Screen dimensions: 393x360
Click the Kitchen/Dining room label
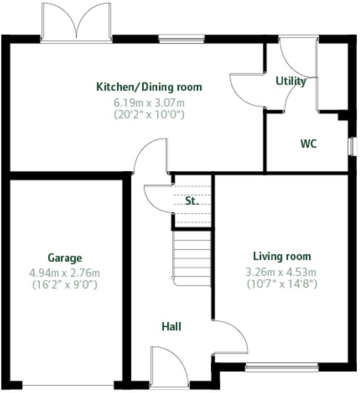tap(149, 87)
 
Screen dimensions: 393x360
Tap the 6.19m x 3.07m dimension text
tap(149, 102)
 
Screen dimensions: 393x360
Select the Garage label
tap(65, 258)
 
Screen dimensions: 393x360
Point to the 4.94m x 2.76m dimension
tap(65, 272)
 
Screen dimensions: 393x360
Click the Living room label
tap(282, 257)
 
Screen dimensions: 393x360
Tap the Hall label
tap(171, 326)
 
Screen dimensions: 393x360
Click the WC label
tap(309, 144)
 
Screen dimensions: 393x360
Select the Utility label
tap(290, 81)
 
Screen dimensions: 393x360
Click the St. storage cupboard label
tap(192, 201)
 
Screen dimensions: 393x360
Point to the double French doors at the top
tap(76, 23)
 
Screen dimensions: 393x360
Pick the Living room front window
tap(282, 367)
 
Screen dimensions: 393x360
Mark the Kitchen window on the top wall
tap(182, 38)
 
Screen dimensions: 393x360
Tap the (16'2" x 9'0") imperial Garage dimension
tap(65, 285)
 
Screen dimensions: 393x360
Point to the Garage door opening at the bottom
tap(68, 385)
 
